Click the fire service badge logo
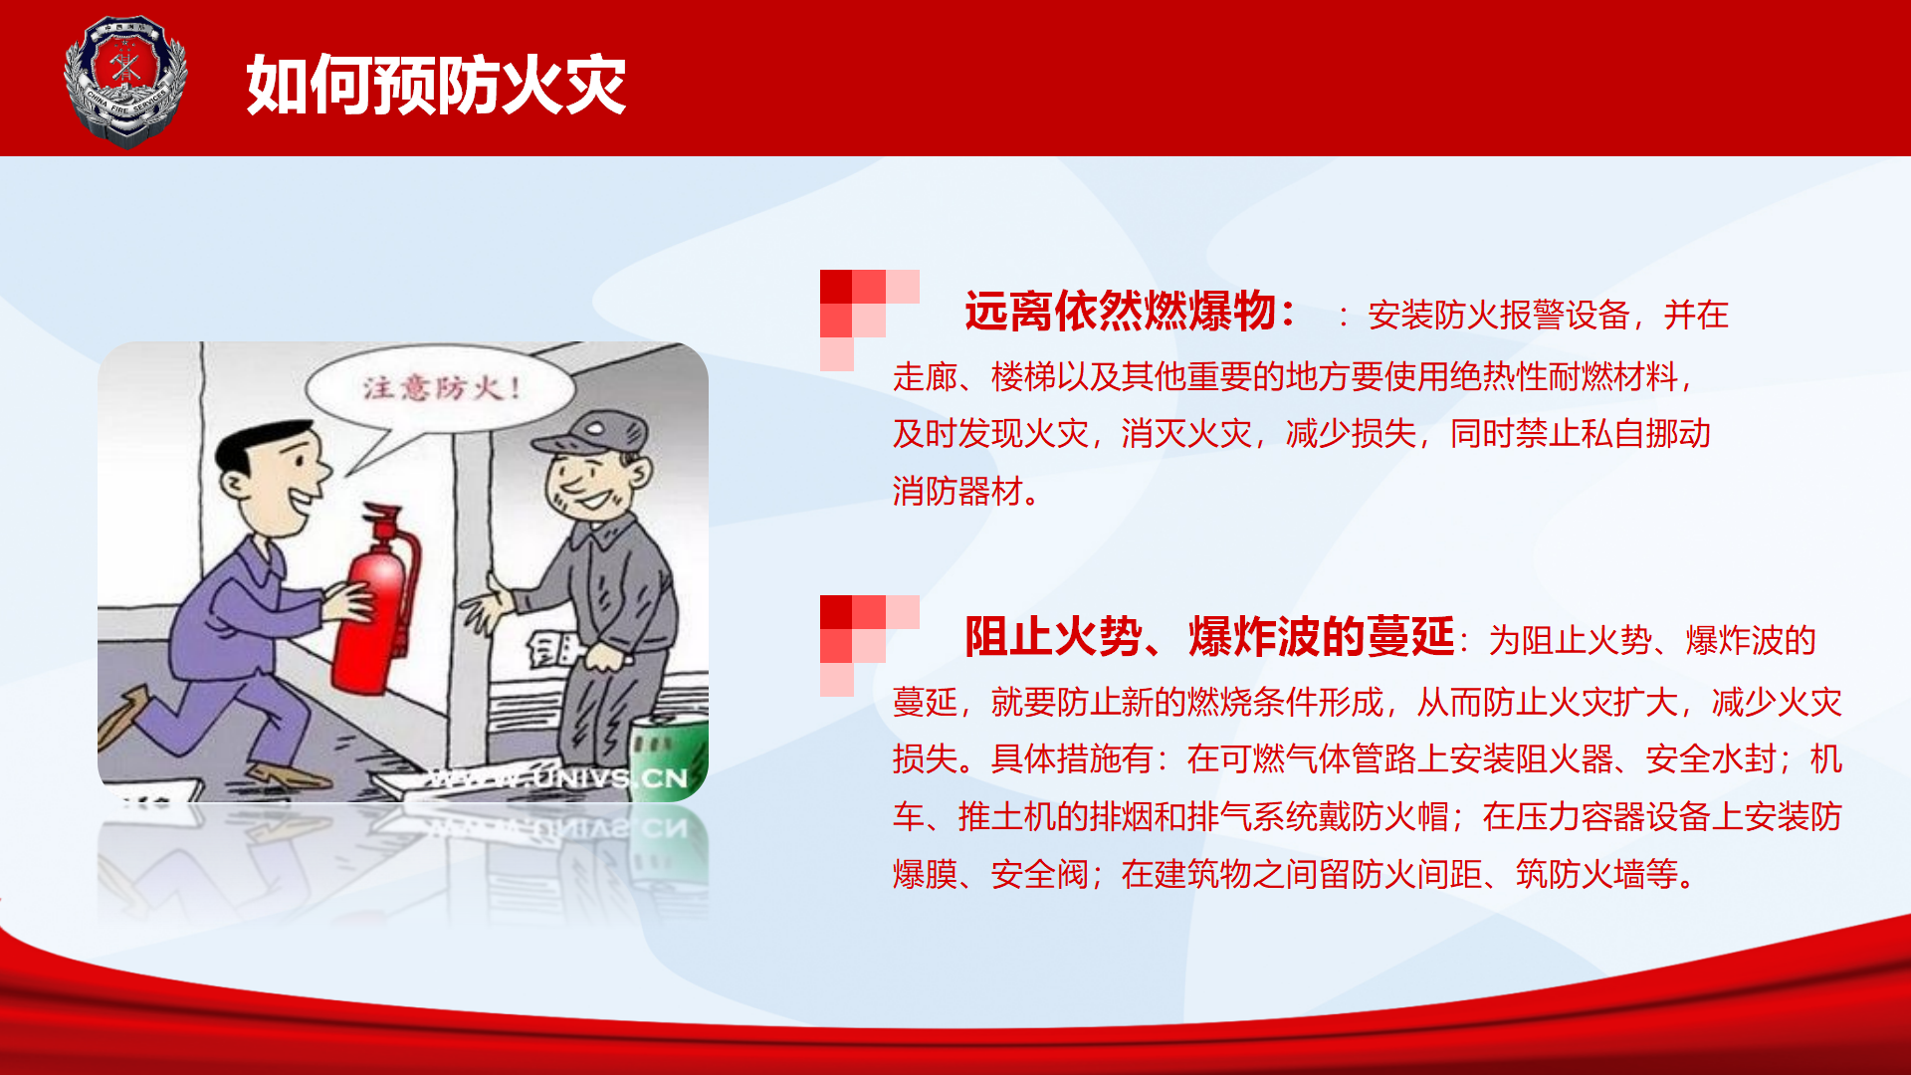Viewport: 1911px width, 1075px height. coord(125,82)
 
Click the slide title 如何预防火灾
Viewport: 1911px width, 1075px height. coord(436,85)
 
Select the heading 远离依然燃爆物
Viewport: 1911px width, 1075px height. coord(1120,312)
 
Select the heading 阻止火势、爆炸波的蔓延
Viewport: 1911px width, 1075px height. coord(1209,637)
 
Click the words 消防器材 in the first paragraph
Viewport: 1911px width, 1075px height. coord(957,492)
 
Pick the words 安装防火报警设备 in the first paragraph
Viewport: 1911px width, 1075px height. coord(1498,316)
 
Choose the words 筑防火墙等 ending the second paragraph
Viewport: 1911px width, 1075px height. coord(1596,875)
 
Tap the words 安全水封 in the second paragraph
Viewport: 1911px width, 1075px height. coord(1711,759)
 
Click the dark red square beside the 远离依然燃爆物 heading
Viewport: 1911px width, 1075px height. coord(836,287)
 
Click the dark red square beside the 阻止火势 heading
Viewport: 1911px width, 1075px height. coord(836,612)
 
